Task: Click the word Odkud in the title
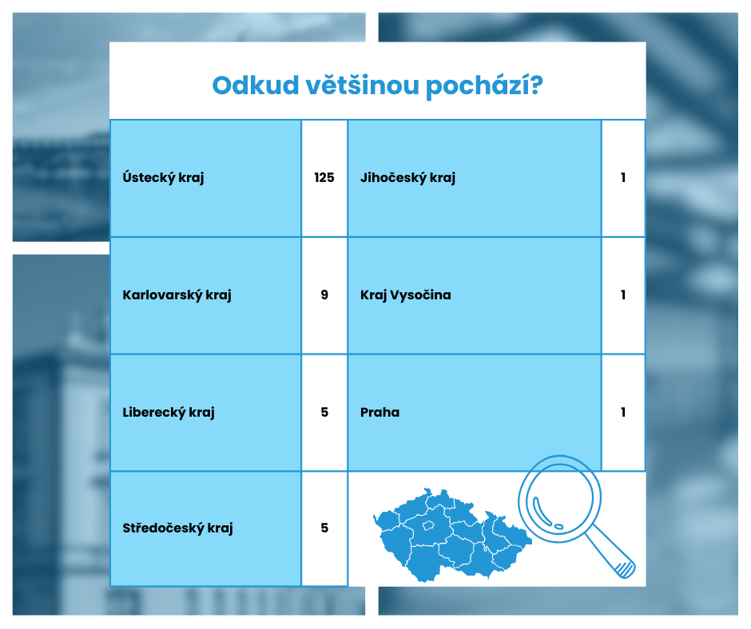[256, 85]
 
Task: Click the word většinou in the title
[363, 85]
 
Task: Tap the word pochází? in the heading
[485, 87]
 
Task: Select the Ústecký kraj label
[163, 177]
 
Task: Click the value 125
[324, 177]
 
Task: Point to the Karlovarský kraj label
[177, 295]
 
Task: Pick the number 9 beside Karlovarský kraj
[324, 295]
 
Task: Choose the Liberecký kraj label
[169, 412]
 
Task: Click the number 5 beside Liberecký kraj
[324, 412]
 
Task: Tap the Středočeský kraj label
[177, 528]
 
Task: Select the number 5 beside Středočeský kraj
[324, 528]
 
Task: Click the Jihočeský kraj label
[407, 177]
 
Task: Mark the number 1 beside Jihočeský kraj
[623, 177]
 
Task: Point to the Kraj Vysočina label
[406, 295]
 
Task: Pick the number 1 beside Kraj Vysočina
[623, 295]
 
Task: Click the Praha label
[379, 412]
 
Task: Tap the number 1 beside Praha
[623, 412]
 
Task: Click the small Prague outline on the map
[427, 525]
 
